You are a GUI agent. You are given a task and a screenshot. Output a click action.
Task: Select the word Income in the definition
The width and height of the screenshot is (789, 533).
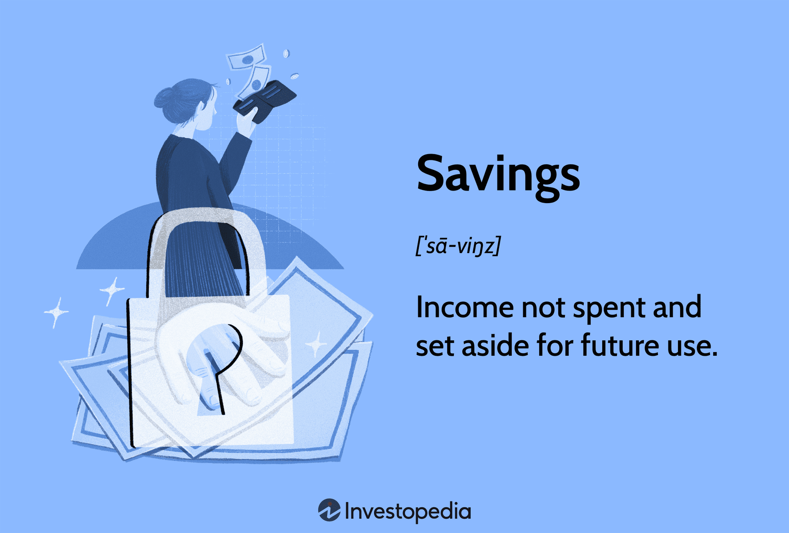pos(464,307)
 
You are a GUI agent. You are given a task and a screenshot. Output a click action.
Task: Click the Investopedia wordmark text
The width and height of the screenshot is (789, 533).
pos(408,511)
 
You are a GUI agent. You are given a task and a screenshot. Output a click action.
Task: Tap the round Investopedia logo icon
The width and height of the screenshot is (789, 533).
pos(329,510)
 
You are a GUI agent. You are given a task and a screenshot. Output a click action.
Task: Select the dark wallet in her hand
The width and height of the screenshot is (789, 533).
pos(264,101)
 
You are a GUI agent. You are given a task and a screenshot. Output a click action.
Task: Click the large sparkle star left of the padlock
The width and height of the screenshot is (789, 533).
pos(56,312)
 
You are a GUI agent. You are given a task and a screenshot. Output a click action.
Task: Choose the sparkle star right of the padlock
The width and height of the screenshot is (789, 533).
pos(316,345)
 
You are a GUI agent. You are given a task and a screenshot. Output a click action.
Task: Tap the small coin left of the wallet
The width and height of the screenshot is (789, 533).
pos(228,82)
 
